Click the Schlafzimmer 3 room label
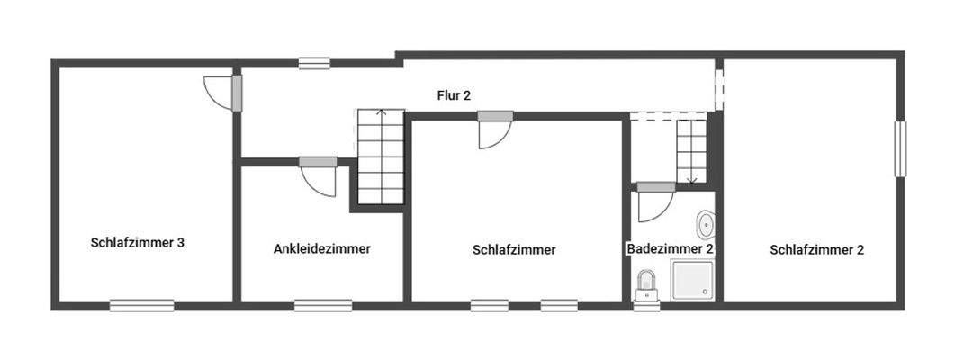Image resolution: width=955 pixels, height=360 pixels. click(x=138, y=242)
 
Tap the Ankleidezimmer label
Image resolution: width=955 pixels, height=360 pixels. click(x=321, y=249)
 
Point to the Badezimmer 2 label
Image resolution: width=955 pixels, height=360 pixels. click(x=671, y=249)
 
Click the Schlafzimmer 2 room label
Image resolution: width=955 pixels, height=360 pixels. click(x=816, y=250)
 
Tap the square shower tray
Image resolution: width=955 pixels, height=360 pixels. click(x=691, y=281)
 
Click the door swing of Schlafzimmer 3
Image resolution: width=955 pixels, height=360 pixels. click(x=218, y=91)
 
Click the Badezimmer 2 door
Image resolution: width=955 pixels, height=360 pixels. click(x=652, y=206)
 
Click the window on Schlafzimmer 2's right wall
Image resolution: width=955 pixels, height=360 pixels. click(x=899, y=149)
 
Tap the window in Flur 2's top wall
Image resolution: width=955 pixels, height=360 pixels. click(x=315, y=63)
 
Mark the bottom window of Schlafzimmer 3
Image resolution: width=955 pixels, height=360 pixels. click(x=142, y=306)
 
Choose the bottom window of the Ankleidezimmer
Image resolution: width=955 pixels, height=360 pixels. click(x=323, y=306)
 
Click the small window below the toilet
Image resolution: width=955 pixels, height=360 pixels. click(x=645, y=306)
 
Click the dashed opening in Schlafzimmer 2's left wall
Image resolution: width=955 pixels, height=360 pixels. click(x=719, y=85)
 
